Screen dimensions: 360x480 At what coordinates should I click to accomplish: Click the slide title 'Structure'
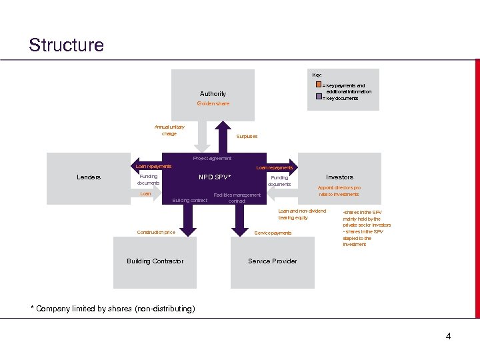point(67,45)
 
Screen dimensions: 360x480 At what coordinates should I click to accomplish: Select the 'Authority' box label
point(213,94)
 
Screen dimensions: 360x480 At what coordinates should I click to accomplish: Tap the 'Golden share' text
point(213,104)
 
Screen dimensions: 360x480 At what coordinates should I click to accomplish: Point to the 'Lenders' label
point(89,177)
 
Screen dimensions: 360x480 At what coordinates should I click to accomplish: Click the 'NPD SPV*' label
point(215,177)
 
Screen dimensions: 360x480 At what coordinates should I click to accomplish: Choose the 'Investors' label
point(339,177)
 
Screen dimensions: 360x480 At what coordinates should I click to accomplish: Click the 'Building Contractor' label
point(155,261)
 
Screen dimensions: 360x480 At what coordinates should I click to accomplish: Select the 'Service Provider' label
point(272,261)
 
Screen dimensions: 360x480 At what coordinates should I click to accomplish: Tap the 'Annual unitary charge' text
point(169,130)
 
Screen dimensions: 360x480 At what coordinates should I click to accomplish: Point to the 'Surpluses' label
point(247,137)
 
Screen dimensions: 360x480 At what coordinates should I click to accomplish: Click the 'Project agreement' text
point(212,159)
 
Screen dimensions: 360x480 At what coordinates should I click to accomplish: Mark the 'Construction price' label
point(156,233)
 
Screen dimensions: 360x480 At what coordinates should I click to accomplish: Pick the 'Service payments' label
point(273,233)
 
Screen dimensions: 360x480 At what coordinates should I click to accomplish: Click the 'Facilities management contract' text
point(237,198)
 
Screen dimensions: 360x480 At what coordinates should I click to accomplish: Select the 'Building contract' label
point(190,201)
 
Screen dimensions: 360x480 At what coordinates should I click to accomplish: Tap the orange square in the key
point(319,85)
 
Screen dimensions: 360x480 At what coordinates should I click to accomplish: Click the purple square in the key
point(319,97)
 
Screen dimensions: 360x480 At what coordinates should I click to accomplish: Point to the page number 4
point(448,337)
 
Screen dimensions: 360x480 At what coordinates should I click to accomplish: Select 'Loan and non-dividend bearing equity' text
point(302,214)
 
